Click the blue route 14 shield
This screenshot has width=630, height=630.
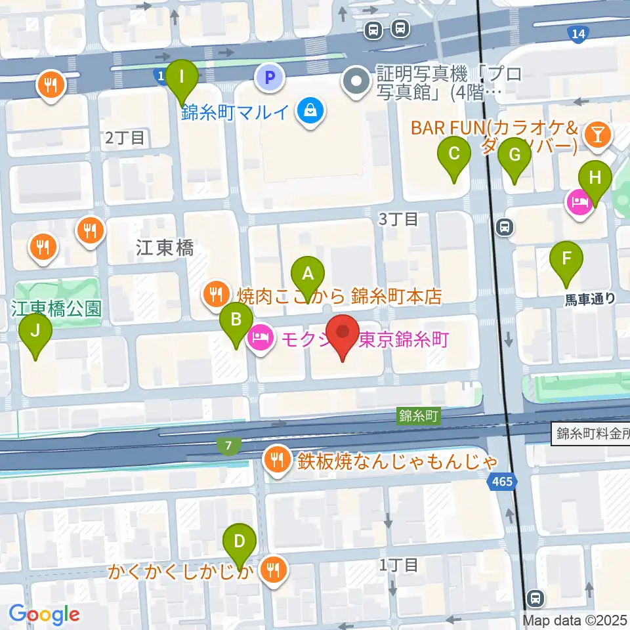577,34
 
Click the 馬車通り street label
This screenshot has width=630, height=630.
590,299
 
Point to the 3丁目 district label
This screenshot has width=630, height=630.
398,219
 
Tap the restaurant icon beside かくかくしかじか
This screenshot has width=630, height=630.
273,569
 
